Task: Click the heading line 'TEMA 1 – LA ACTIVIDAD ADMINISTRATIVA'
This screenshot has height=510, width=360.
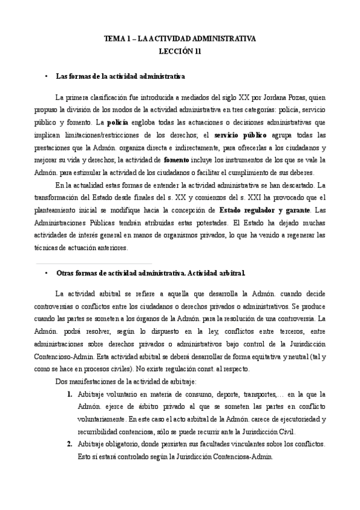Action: [180, 38]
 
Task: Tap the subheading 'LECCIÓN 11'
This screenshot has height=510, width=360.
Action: [180, 51]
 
